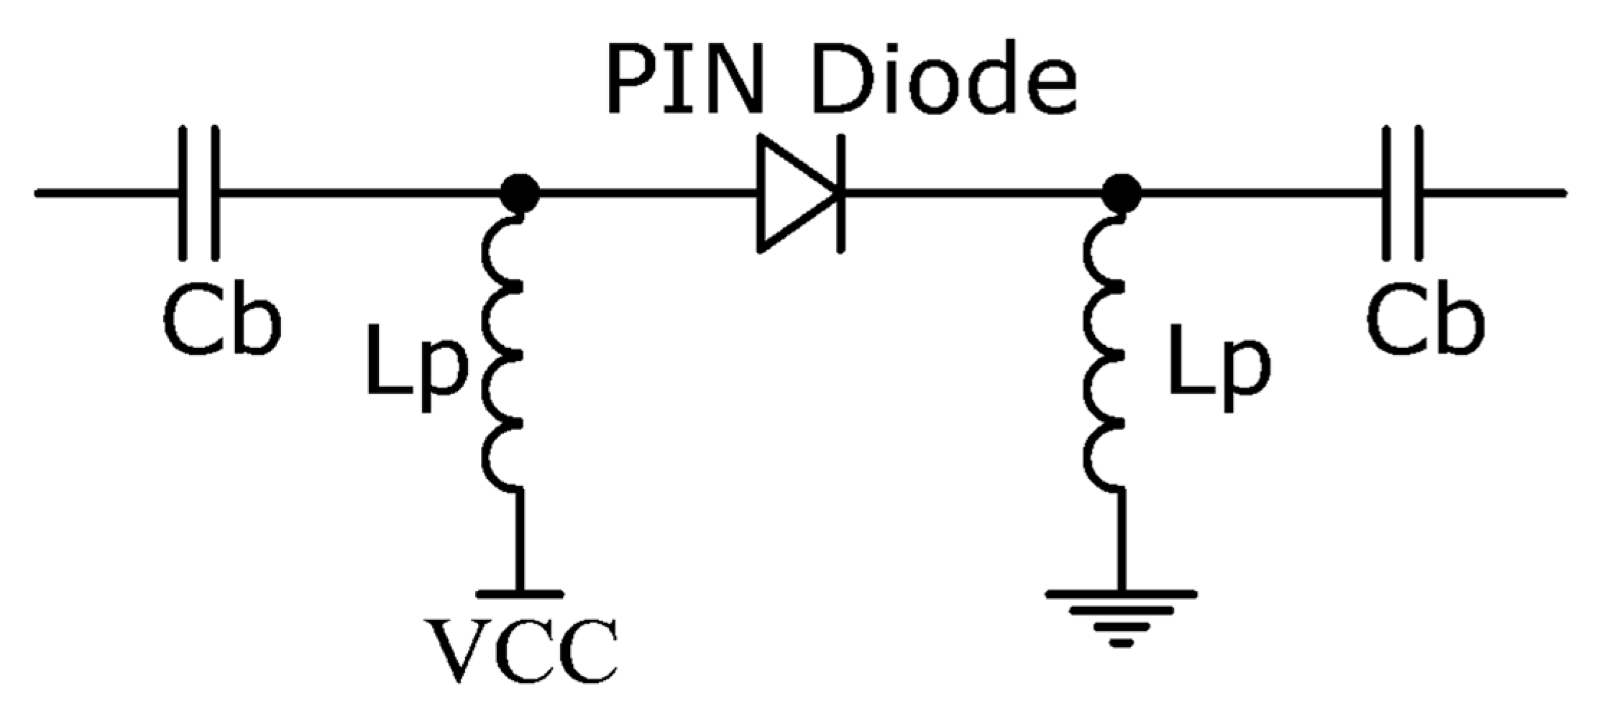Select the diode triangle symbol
pos(791,193)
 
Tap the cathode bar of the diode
pos(840,193)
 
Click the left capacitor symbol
pos(199,193)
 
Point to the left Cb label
pos(221,321)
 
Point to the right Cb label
pos(1426,321)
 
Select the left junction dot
pos(519,193)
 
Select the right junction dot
pos(1121,193)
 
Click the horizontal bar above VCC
pos(519,594)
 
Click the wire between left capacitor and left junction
pos(359,193)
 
